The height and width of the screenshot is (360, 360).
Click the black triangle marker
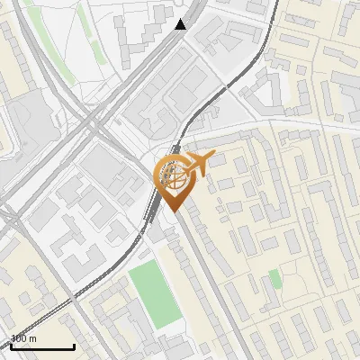coord(181,24)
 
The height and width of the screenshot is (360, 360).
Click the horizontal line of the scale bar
coord(41,346)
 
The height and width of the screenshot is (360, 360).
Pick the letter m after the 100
coord(33,339)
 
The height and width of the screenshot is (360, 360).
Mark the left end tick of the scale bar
coord(10,345)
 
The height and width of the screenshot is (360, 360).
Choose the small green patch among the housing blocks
coord(274,279)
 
